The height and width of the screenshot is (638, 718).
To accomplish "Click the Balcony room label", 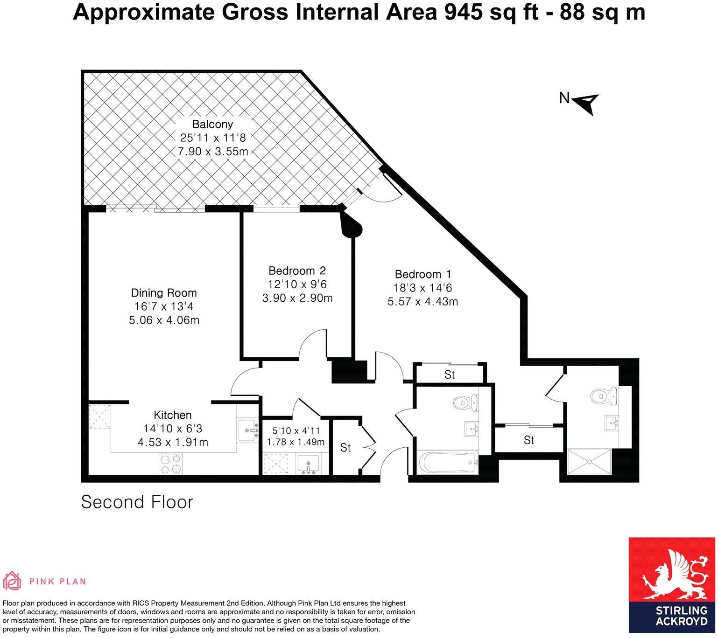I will (212, 125).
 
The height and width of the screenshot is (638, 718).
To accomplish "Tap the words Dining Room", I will (163, 293).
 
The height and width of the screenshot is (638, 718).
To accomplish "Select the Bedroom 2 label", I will (297, 270).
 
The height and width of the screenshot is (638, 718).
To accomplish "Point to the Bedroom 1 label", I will (422, 274).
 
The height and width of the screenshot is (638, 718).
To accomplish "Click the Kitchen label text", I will (173, 415).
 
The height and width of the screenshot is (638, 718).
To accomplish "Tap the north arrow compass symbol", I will (587, 102).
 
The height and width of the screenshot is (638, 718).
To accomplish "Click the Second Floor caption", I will (137, 502).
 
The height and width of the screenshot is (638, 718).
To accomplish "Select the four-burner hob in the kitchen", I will (171, 464).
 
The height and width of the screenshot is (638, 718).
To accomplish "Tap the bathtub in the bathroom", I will (448, 463).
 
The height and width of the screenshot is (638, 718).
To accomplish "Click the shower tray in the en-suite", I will (589, 462).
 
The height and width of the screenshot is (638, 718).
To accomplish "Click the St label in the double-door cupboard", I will (345, 448).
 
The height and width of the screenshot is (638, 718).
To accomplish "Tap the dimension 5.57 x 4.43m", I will (422, 302).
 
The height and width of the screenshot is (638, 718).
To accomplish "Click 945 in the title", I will (464, 13).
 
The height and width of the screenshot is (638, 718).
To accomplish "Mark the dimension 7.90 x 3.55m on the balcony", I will (212, 152).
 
